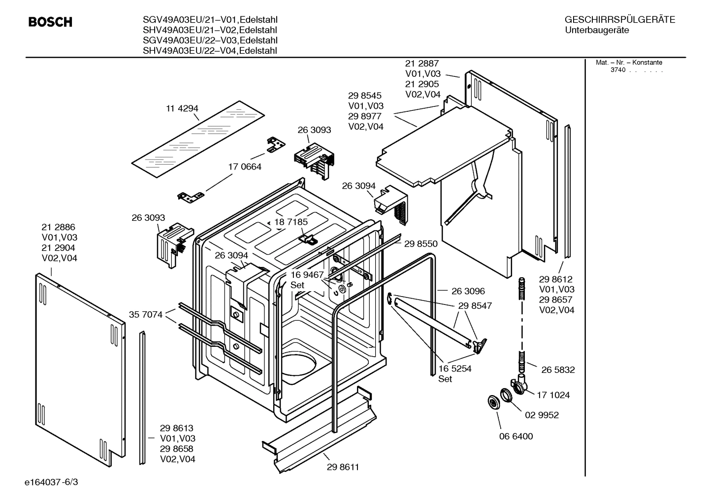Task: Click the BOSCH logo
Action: [x=50, y=22]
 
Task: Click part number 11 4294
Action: [x=182, y=108]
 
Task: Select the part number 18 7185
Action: [x=291, y=222]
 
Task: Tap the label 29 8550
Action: [x=420, y=243]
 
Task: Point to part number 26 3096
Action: [x=468, y=291]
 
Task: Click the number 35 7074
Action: [x=146, y=314]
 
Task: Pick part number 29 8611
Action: [x=343, y=467]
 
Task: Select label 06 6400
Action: [x=516, y=436]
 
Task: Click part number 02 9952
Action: [x=542, y=415]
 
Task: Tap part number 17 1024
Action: [x=553, y=395]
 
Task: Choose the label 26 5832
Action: [x=558, y=369]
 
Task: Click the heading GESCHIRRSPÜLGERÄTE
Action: [x=619, y=20]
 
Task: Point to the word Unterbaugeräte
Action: [x=597, y=31]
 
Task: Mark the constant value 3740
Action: [x=618, y=70]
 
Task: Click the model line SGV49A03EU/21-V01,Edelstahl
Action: [x=210, y=20]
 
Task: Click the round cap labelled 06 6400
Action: [x=491, y=402]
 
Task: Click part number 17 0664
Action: [x=245, y=167]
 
